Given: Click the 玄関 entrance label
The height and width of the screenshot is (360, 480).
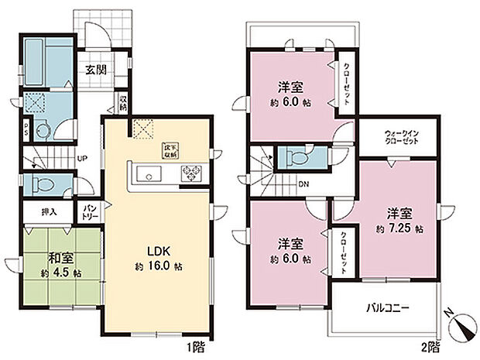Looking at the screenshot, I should (x=95, y=69).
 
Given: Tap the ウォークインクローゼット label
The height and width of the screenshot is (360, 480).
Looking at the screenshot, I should (x=402, y=139).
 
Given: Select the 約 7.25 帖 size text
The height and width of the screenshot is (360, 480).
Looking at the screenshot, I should (x=396, y=229).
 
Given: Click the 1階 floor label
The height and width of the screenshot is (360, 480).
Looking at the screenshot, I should (x=195, y=345).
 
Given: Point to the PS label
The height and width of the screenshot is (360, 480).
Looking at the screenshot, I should (x=26, y=131).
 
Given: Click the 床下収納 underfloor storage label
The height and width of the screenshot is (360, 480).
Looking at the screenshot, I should (x=170, y=150).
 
